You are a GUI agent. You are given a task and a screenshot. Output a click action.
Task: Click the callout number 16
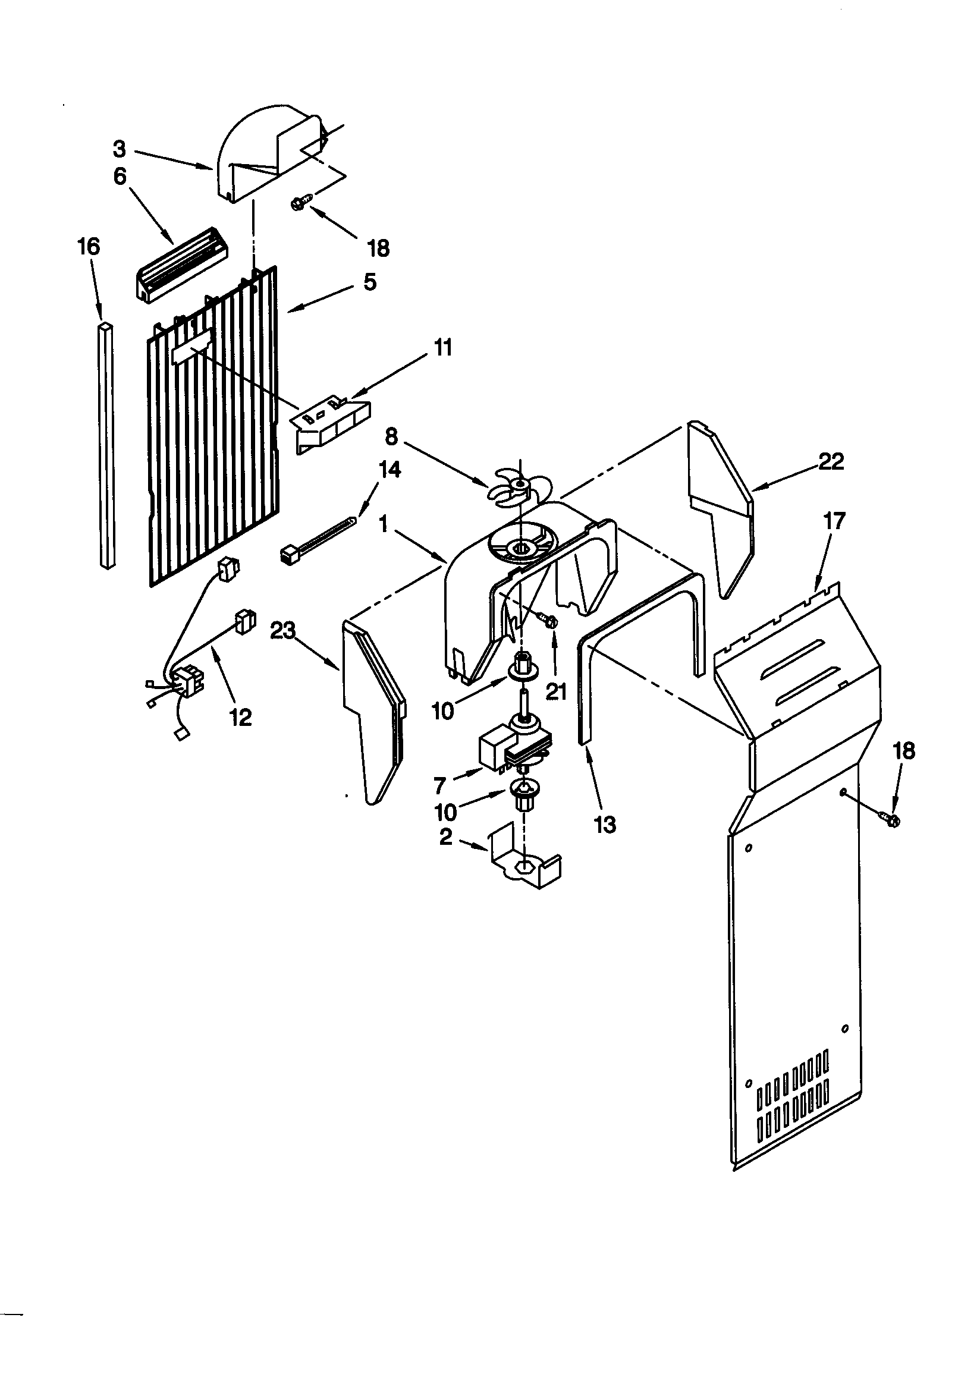coord(89,246)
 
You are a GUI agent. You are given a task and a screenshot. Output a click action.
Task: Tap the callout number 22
coord(831,462)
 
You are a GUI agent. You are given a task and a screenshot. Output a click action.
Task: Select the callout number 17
coord(834,521)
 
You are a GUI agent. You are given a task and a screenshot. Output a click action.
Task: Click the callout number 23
coord(282,631)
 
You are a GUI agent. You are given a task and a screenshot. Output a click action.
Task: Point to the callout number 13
coord(605,824)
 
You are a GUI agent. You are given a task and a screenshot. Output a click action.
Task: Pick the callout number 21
coord(555,691)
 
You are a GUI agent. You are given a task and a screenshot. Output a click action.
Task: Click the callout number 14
coord(390,469)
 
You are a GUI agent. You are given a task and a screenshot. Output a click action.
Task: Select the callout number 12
coord(240,718)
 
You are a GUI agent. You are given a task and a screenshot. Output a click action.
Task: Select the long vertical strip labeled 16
coord(106,445)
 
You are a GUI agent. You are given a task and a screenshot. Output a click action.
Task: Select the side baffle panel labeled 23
coord(370,708)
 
